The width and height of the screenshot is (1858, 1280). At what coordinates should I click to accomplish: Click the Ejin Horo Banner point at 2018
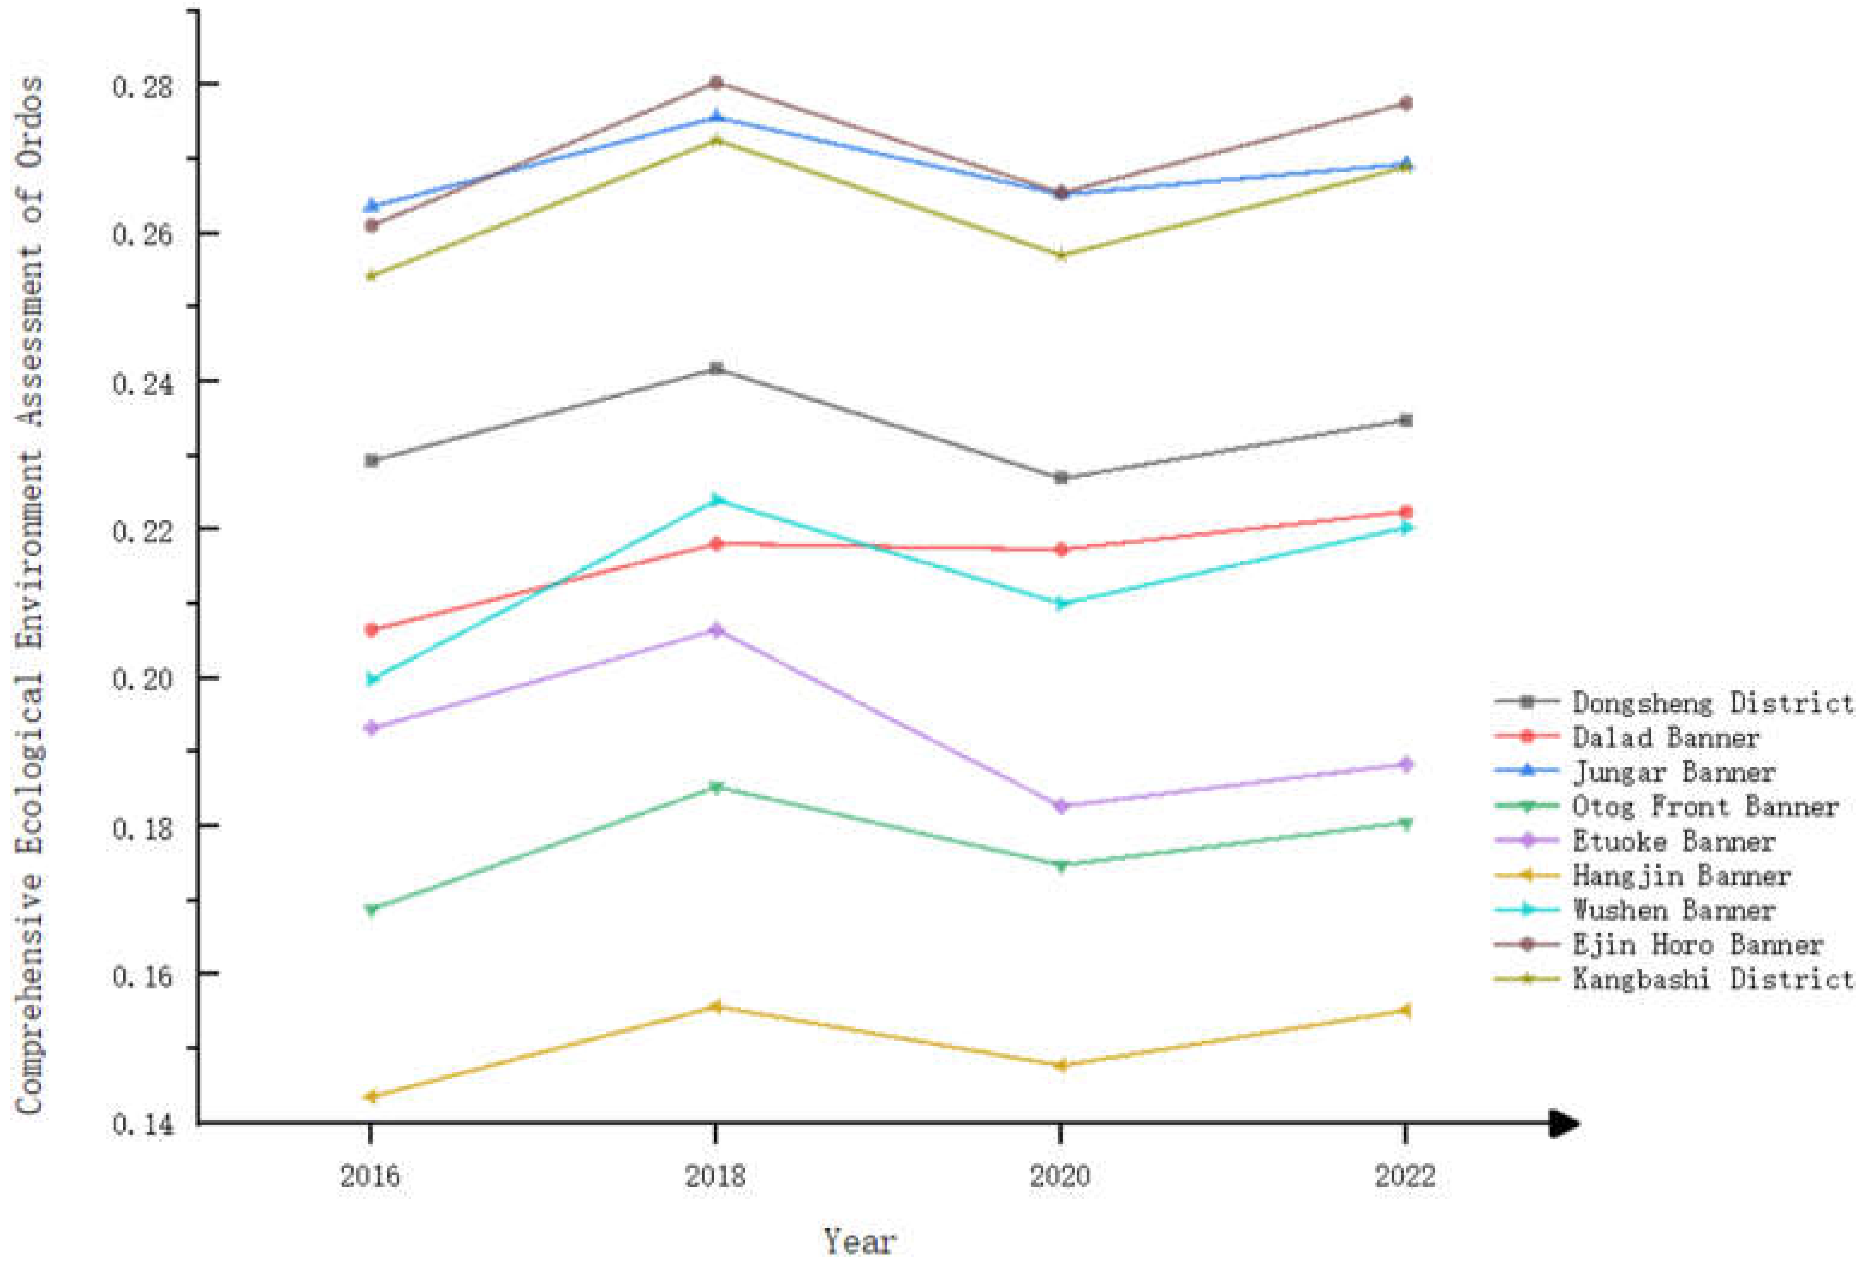coord(716,82)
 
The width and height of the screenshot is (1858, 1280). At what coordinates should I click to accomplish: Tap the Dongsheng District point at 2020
coord(1060,477)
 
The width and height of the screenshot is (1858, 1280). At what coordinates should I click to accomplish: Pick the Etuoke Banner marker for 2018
coord(716,630)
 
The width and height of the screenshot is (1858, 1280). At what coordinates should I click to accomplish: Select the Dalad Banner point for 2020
coord(1060,549)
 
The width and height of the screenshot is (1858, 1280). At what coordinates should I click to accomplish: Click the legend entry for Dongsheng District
coord(1711,702)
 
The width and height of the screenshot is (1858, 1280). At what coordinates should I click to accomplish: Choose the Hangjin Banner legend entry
coord(1680,875)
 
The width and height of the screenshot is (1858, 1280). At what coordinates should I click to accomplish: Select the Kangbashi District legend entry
coord(1711,978)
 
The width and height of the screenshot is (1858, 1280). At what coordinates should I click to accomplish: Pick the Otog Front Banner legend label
coord(1704,806)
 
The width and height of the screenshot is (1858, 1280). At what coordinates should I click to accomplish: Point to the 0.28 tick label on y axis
coord(142,86)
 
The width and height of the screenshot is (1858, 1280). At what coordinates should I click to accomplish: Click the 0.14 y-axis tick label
coord(142,1124)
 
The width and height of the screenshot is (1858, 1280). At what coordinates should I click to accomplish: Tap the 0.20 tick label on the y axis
coord(142,679)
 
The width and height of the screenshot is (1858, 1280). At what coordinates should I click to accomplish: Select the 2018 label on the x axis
coord(715,1176)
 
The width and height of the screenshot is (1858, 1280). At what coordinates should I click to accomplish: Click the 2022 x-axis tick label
coord(1404,1176)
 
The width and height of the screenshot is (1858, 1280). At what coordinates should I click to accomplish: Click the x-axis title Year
coord(859,1241)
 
